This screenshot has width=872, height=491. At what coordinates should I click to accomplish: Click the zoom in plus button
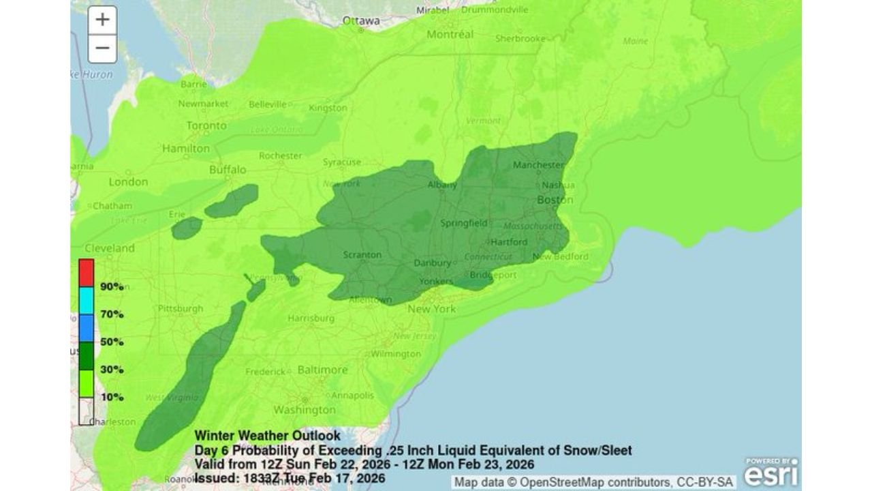[102, 20]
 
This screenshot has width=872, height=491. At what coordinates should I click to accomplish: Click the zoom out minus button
[102, 48]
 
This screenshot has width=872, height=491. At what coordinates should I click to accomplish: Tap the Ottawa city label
[361, 20]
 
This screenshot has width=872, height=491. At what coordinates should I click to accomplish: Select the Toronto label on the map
[206, 126]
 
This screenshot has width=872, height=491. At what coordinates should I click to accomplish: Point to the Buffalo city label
[228, 169]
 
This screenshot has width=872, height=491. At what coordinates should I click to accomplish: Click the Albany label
[442, 185]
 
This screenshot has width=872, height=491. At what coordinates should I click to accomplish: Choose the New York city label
[431, 309]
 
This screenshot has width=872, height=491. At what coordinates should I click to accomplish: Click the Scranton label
[362, 254]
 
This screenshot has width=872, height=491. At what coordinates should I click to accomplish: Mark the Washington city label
[305, 410]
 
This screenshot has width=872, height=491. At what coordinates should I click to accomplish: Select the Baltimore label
[322, 370]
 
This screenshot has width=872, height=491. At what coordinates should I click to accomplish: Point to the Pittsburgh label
[180, 308]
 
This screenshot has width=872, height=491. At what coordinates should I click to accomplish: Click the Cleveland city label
[109, 248]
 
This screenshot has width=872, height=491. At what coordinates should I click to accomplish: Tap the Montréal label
[450, 34]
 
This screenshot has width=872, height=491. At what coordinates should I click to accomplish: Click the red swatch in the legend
[87, 273]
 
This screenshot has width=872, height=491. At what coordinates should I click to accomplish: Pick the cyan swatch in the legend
[87, 300]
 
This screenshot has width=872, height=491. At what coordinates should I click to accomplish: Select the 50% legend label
[112, 342]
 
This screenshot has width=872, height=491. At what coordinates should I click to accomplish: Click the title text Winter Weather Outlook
[267, 436]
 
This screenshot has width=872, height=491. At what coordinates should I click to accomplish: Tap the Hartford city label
[509, 242]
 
